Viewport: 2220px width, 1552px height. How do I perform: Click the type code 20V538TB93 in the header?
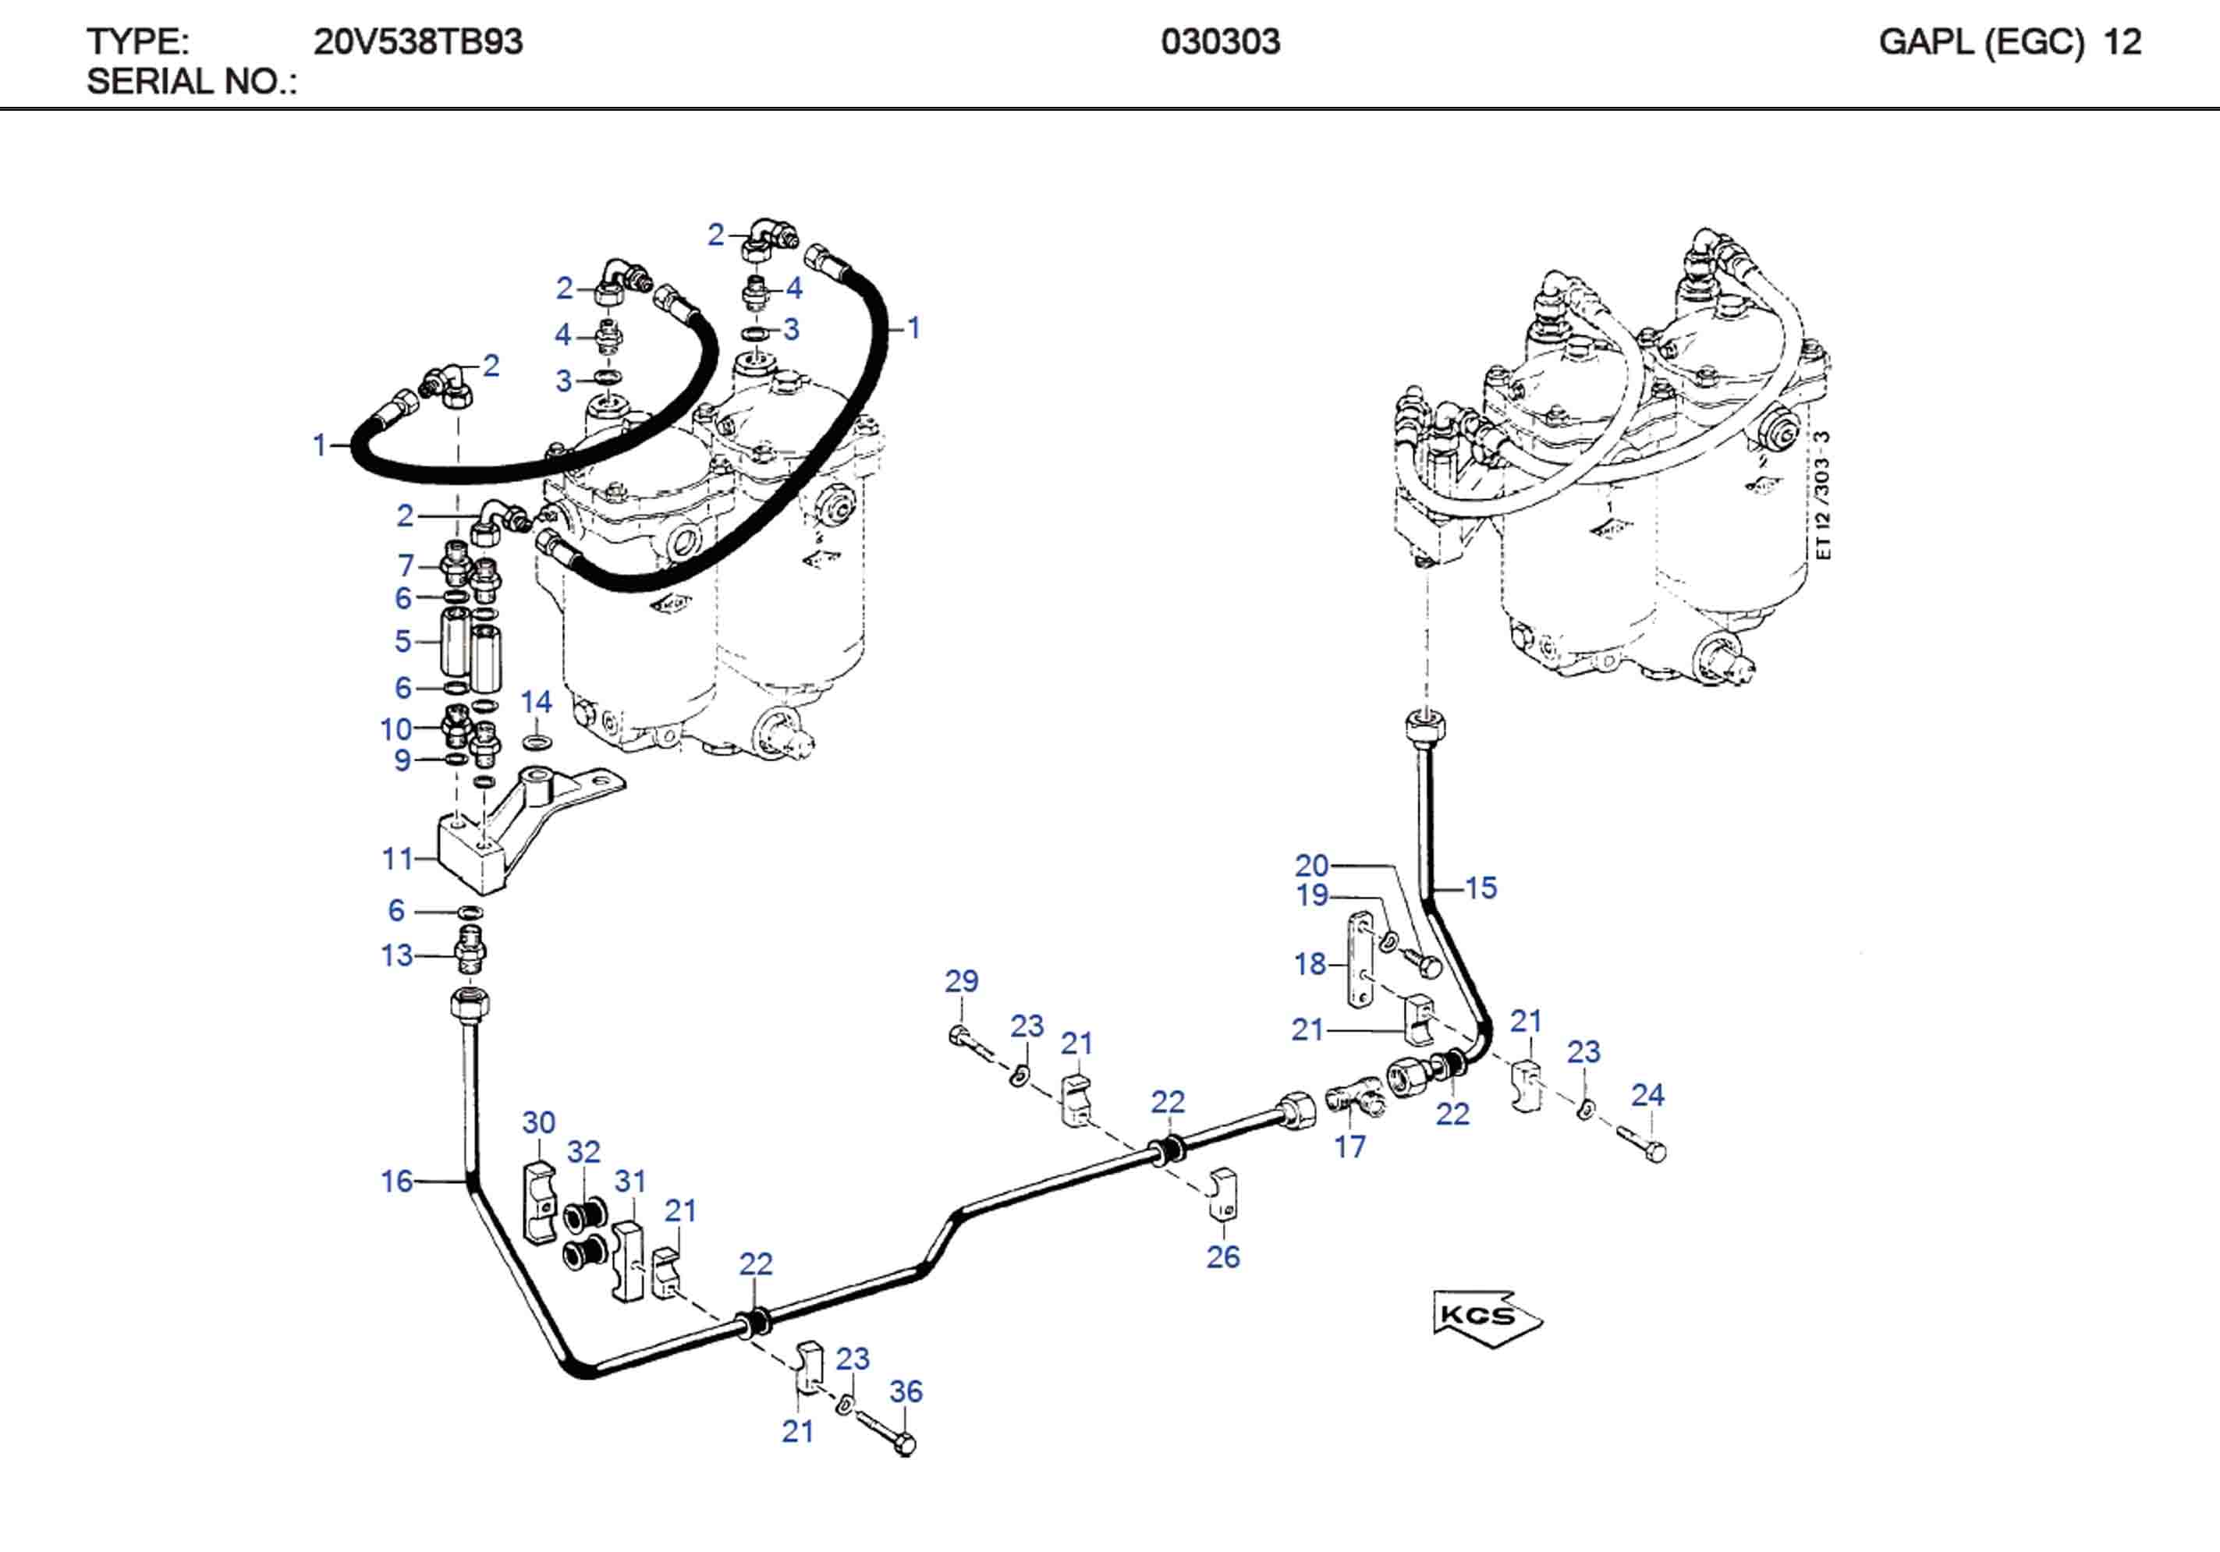click(x=417, y=41)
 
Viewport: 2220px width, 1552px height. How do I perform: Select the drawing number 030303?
click(x=1220, y=41)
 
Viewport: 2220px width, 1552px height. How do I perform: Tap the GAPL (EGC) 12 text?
click(x=2009, y=41)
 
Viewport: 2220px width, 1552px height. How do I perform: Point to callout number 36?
click(x=906, y=1391)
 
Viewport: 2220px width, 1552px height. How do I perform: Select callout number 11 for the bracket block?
click(x=397, y=858)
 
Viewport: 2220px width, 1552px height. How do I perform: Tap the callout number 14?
click(x=536, y=702)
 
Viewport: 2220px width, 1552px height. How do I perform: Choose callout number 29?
click(x=961, y=980)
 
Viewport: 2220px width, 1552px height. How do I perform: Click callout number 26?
click(x=1222, y=1256)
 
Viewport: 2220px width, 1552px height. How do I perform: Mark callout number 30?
click(x=538, y=1121)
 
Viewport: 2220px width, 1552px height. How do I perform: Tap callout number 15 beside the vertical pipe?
click(x=1481, y=887)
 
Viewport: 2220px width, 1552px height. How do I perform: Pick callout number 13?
click(x=396, y=955)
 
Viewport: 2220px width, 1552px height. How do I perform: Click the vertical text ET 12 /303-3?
click(x=1823, y=495)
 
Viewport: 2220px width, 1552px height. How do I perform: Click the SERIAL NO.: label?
click(x=191, y=82)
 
